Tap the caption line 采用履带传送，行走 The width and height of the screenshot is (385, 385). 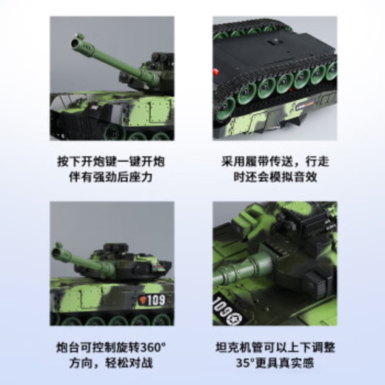(274, 162)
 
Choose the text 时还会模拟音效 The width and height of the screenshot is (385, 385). (274, 178)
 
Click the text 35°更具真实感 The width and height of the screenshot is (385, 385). (274, 364)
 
